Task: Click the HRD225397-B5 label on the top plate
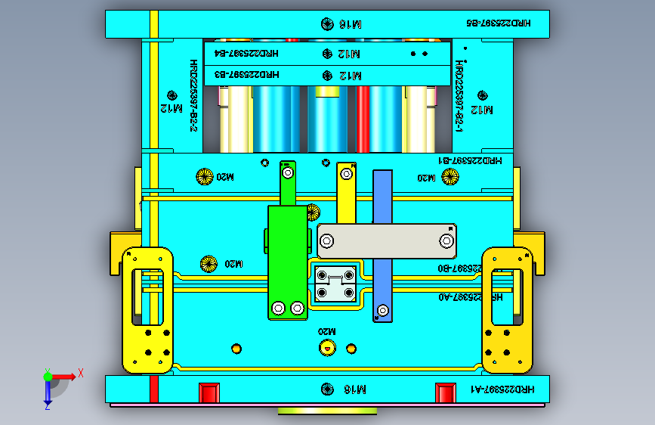click(x=499, y=23)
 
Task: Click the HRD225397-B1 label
click(x=470, y=160)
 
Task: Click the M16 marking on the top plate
click(x=352, y=24)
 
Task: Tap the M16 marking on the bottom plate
click(x=352, y=389)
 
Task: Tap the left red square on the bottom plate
click(x=209, y=392)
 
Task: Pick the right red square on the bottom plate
click(x=446, y=392)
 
